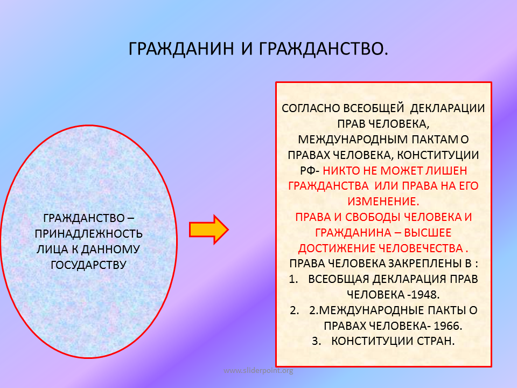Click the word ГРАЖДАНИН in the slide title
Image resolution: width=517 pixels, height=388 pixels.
(181, 49)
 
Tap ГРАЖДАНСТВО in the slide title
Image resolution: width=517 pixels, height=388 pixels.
(320, 49)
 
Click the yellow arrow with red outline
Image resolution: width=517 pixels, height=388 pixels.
(209, 230)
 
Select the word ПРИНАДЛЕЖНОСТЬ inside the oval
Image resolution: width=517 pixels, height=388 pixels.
(89, 233)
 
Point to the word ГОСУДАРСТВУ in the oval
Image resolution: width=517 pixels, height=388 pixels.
(88, 265)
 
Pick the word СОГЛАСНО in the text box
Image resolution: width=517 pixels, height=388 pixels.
(311, 108)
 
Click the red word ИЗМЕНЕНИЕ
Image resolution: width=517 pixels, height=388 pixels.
(382, 202)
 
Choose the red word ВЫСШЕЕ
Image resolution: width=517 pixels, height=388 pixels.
(428, 233)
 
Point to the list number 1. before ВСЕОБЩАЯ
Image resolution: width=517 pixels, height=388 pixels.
(294, 279)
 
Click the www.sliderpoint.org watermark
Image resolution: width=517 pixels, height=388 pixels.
(258, 371)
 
